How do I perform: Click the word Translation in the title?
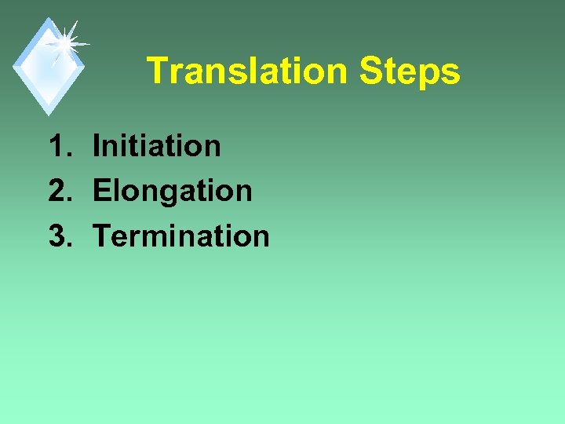[246, 71]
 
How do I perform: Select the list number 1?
[58, 145]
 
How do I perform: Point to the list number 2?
[58, 191]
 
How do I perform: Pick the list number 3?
[58, 236]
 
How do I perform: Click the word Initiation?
[156, 145]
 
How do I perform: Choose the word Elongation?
[172, 191]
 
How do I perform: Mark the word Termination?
[180, 236]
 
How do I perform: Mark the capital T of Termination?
[102, 236]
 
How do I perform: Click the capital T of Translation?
[157, 71]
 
